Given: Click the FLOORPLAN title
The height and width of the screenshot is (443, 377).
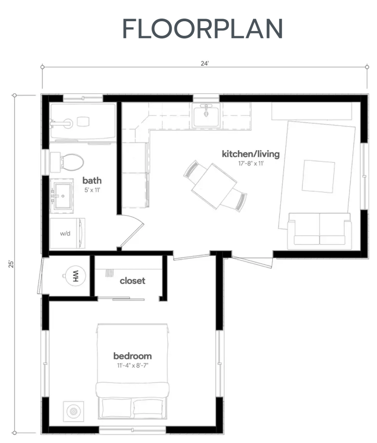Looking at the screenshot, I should [203, 29].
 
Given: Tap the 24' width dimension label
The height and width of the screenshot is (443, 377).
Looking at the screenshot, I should [205, 63].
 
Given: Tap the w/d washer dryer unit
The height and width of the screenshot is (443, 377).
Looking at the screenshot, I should [65, 233].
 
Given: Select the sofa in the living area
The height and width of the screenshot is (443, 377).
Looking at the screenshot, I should [319, 229].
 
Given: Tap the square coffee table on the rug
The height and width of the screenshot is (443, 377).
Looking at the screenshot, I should [318, 176].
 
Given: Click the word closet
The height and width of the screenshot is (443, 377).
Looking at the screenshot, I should [132, 281].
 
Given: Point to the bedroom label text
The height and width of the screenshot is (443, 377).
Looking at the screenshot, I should [132, 356].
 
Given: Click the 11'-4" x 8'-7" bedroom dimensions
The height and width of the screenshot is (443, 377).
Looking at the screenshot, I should [132, 366].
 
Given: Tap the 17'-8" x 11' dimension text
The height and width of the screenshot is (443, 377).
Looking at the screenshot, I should [251, 164].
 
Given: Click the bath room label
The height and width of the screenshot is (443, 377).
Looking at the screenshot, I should [92, 180].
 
